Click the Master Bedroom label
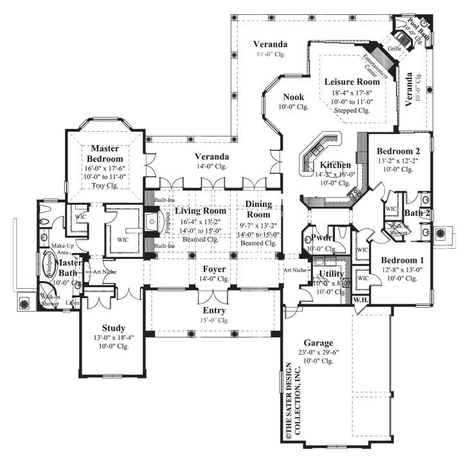coord(106,153)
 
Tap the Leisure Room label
coord(352,82)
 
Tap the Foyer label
coord(214,269)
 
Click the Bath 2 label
coord(417,213)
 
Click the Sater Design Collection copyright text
coord(285,402)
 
